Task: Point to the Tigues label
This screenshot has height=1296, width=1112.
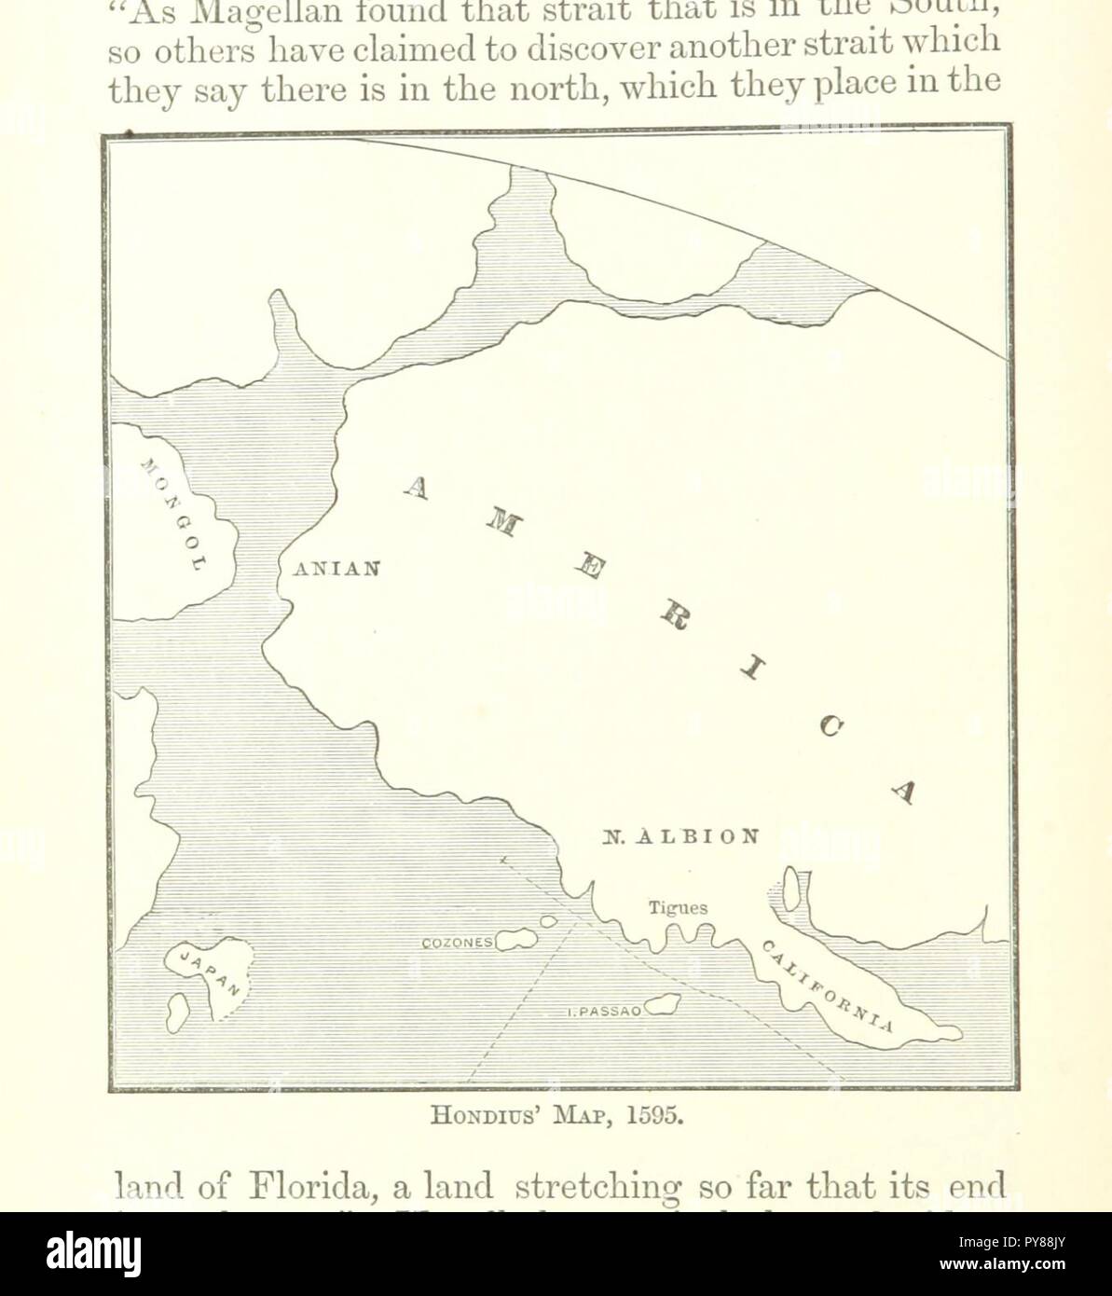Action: tap(679, 907)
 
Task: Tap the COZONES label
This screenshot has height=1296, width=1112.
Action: tap(458, 943)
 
